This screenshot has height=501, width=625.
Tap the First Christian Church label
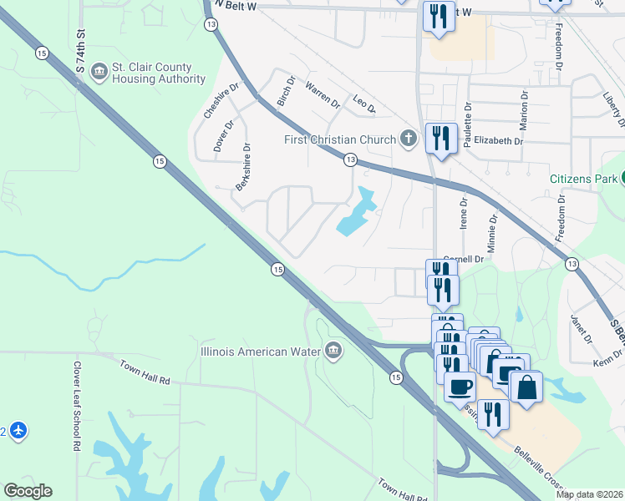click(339, 139)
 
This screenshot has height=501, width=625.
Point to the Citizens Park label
click(583, 179)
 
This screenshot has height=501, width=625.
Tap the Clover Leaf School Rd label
click(75, 406)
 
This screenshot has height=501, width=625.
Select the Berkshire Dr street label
click(243, 167)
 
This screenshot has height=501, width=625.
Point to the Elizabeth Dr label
click(497, 141)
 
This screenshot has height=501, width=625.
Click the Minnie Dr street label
click(492, 233)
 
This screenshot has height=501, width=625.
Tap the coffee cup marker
click(460, 387)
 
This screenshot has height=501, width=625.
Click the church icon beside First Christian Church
click(408, 138)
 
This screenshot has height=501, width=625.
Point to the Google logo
click(28, 491)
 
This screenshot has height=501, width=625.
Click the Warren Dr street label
click(323, 96)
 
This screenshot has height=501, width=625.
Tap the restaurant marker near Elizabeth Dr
click(440, 138)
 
